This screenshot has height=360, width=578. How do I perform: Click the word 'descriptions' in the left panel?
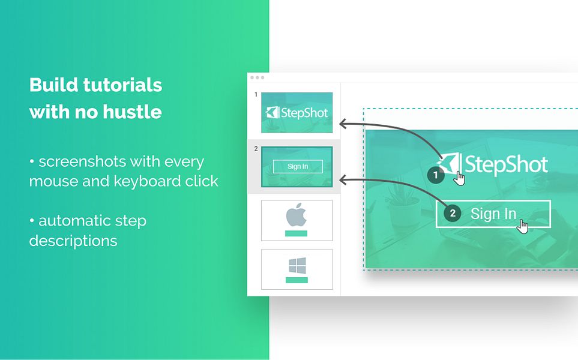pos(73,241)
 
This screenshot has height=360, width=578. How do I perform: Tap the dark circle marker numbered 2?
pos(452,213)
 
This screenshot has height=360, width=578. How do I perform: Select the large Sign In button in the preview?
pos(493,214)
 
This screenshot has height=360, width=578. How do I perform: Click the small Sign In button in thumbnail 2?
pos(298,167)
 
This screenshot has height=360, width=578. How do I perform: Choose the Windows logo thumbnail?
pos(297,269)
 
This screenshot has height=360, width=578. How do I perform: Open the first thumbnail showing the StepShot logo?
pos(297,112)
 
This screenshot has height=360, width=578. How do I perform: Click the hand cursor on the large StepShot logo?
pos(459,178)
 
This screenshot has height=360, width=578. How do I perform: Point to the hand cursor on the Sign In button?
pos(523,226)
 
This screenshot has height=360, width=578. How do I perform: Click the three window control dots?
pos(257,77)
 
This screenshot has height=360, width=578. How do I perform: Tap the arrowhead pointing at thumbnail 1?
pos(343,124)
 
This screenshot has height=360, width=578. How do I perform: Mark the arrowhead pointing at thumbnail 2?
pos(343,179)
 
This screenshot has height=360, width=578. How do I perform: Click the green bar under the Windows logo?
pos(297,280)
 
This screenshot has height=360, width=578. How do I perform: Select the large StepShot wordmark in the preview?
pos(506,164)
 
